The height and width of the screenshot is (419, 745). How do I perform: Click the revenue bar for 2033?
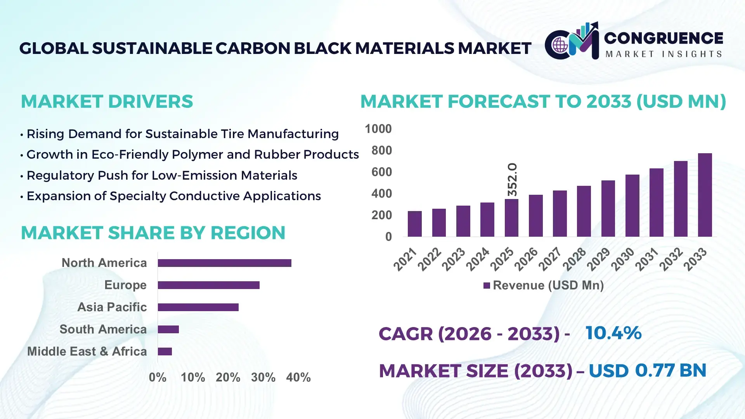[x=705, y=195]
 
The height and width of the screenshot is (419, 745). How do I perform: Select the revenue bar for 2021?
[x=414, y=224]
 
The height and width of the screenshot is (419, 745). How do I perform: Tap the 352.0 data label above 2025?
[x=512, y=179]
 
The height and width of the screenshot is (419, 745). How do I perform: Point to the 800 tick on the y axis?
[x=381, y=151]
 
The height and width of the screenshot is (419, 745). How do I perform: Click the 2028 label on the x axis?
[x=575, y=259]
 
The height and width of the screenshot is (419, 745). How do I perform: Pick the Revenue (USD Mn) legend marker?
[x=487, y=286]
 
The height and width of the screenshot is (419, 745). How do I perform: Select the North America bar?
[x=224, y=263]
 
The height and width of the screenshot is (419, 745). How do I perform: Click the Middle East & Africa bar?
[x=165, y=351]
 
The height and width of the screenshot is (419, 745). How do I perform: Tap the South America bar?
[x=168, y=329]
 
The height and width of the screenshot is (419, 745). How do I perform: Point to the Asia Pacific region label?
[x=112, y=307]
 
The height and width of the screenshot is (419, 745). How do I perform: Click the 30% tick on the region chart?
[x=263, y=377]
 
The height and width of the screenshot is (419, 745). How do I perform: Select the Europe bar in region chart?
[x=208, y=285]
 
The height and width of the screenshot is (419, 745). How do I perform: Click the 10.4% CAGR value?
[x=613, y=333]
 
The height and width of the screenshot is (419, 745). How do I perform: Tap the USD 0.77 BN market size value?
[x=647, y=371]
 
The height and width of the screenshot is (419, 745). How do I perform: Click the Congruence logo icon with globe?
[x=560, y=45]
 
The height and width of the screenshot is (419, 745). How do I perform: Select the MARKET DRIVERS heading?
[x=107, y=102]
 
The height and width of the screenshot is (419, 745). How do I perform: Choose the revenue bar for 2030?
[x=632, y=206]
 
